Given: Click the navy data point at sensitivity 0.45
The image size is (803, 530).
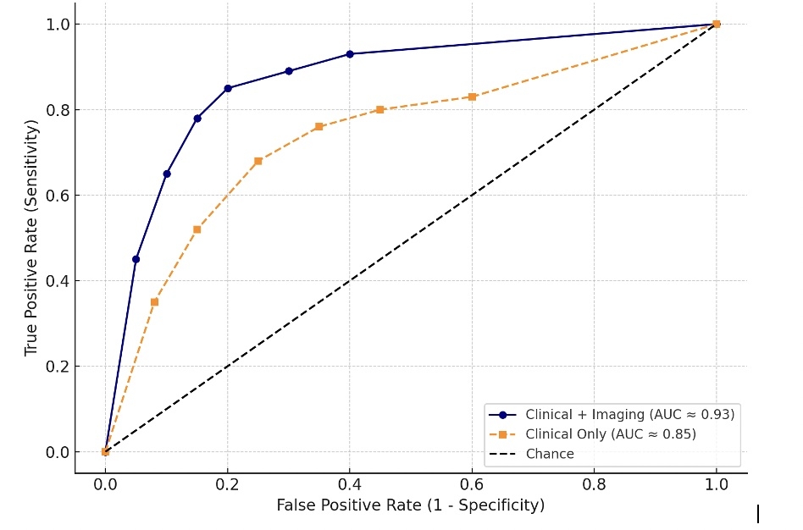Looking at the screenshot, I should [136, 259].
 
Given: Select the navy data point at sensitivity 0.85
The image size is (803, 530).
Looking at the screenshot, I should [228, 88].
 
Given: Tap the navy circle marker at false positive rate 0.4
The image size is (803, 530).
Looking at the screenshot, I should [350, 54].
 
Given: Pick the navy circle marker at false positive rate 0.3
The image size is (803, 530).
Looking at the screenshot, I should [289, 71].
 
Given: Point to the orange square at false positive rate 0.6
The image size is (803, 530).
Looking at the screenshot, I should [472, 97].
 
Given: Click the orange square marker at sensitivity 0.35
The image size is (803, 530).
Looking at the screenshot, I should [154, 301].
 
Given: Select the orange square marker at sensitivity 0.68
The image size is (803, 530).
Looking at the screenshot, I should [258, 161].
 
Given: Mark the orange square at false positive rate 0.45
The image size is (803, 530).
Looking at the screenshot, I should [380, 109].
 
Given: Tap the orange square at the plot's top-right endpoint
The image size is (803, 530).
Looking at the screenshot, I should [717, 24].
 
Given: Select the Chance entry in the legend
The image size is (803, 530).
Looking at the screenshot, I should [549, 454].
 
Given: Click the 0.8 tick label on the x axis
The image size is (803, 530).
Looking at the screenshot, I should [594, 485].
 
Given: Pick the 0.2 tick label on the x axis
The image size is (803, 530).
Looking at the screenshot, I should [227, 485].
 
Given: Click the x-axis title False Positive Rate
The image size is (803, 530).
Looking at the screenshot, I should [410, 505].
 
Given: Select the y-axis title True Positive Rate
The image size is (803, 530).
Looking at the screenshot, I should [32, 237].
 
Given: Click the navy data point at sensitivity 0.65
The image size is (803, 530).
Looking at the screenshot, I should [167, 174].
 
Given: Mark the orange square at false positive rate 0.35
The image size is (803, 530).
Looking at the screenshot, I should [319, 126].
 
